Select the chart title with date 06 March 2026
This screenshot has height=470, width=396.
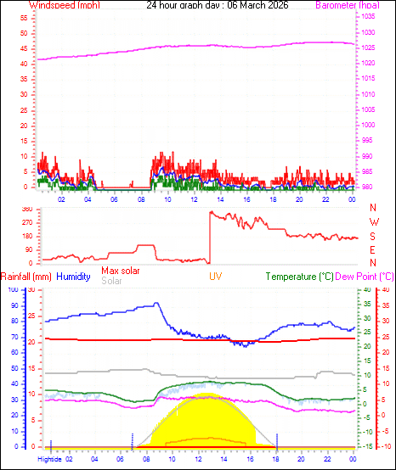pyautogui.click(x=217, y=5)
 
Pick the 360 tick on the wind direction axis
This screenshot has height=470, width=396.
pyautogui.click(x=26, y=209)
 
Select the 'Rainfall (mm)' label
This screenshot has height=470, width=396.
pyautogui.click(x=26, y=277)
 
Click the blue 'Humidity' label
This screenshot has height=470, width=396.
pyautogui.click(x=75, y=277)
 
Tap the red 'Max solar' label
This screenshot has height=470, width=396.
pyautogui.click(x=120, y=271)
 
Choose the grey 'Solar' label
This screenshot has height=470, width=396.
pyautogui.click(x=111, y=281)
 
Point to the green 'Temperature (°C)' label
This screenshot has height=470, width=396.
pyautogui.click(x=309, y=277)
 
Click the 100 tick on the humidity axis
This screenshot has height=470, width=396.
pyautogui.click(x=13, y=290)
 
